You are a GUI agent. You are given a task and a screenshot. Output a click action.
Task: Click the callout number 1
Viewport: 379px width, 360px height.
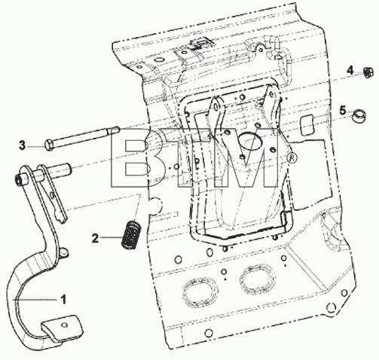pos(63,299)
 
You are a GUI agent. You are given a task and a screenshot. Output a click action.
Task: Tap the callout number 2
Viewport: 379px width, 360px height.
pos(95,238)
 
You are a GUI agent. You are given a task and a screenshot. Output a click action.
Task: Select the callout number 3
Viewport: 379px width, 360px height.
pos(23,145)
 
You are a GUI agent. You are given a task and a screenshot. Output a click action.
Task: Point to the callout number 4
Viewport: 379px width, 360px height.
pos(350,70)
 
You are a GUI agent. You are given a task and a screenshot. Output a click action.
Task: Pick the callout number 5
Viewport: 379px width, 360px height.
pos(343,111)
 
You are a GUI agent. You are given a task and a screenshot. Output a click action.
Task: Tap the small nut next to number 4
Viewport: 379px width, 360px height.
pos(368,72)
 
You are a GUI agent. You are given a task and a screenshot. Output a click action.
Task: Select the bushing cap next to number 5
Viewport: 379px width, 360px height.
pos(359,116)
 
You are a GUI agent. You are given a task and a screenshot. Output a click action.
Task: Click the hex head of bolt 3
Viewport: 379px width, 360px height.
pos(49,145)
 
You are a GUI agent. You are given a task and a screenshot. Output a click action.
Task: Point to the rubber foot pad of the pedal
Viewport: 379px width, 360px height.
pos(62,328)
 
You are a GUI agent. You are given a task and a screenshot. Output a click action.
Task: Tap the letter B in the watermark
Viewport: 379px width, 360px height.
pos(130,157)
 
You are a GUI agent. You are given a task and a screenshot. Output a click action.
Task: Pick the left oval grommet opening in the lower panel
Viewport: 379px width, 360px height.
pos(200,291)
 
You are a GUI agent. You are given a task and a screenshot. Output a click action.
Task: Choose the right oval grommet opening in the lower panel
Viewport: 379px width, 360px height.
pos(258,279)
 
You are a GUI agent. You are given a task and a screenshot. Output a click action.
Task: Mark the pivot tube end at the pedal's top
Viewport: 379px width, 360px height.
pos(18,180)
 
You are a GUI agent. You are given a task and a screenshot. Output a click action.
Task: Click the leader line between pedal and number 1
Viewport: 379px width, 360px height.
pos(35,300)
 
